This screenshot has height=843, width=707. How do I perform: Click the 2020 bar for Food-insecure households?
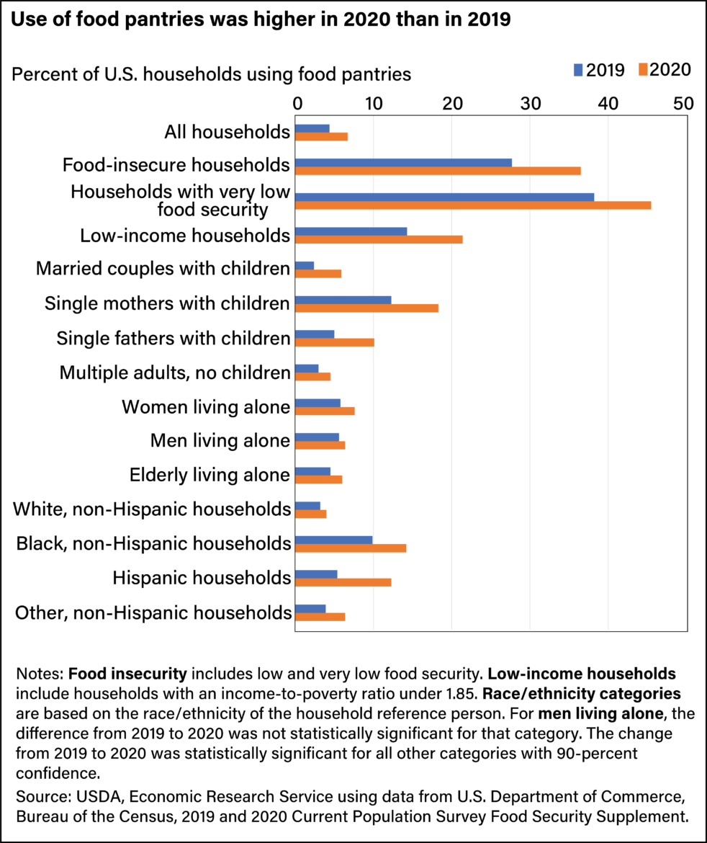[438, 171]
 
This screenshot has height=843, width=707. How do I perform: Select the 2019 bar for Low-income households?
[351, 231]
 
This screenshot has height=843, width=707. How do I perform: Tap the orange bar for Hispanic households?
[343, 582]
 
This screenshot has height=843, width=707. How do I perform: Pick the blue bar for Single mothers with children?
[343, 300]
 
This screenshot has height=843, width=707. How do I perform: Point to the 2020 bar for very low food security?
[473, 205]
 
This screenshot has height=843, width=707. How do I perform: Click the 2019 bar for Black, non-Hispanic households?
[334, 540]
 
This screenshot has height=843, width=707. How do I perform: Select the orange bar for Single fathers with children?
[335, 342]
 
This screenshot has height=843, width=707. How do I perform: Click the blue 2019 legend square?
[578, 70]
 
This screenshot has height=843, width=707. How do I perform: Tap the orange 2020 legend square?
[643, 70]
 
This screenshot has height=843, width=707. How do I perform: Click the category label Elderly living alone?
[210, 475]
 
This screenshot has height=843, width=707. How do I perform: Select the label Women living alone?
[206, 407]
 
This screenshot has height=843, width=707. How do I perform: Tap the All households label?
[227, 132]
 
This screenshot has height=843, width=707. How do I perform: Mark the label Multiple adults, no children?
[175, 373]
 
